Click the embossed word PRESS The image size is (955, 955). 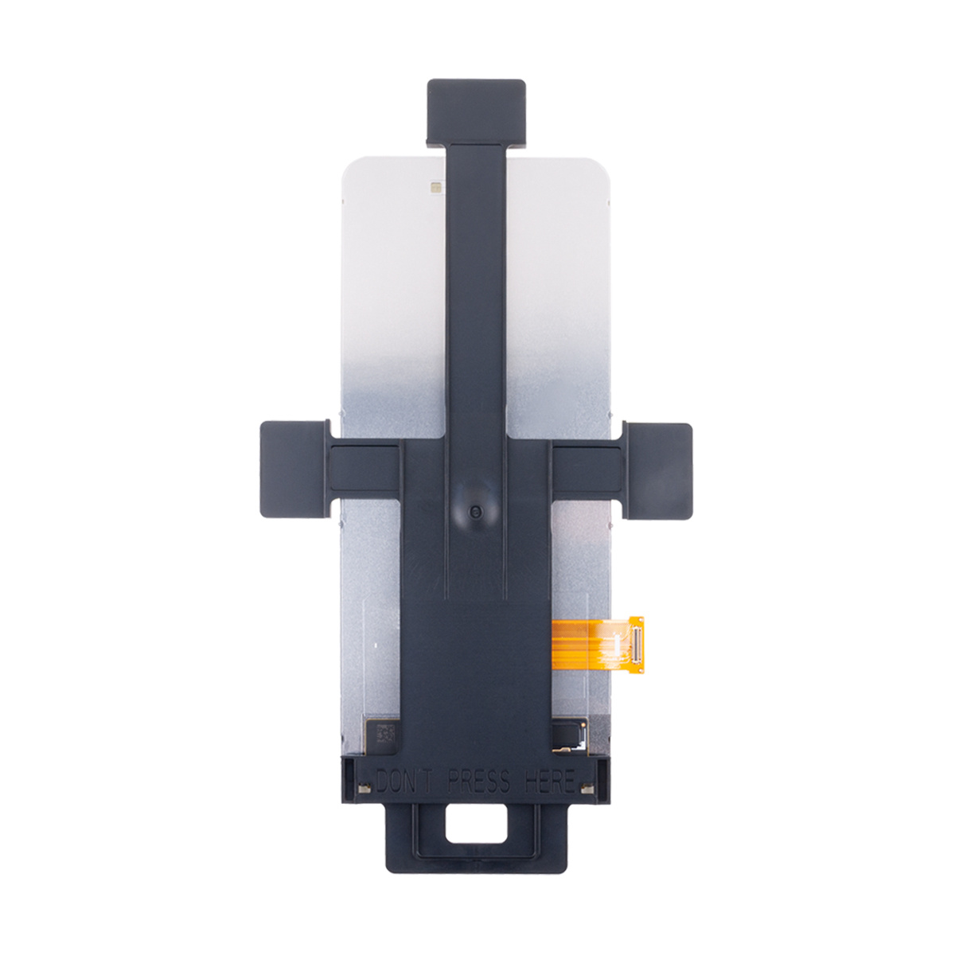click(477, 782)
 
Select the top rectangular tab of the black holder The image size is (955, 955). click(476, 112)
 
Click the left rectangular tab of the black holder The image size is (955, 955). click(296, 462)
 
